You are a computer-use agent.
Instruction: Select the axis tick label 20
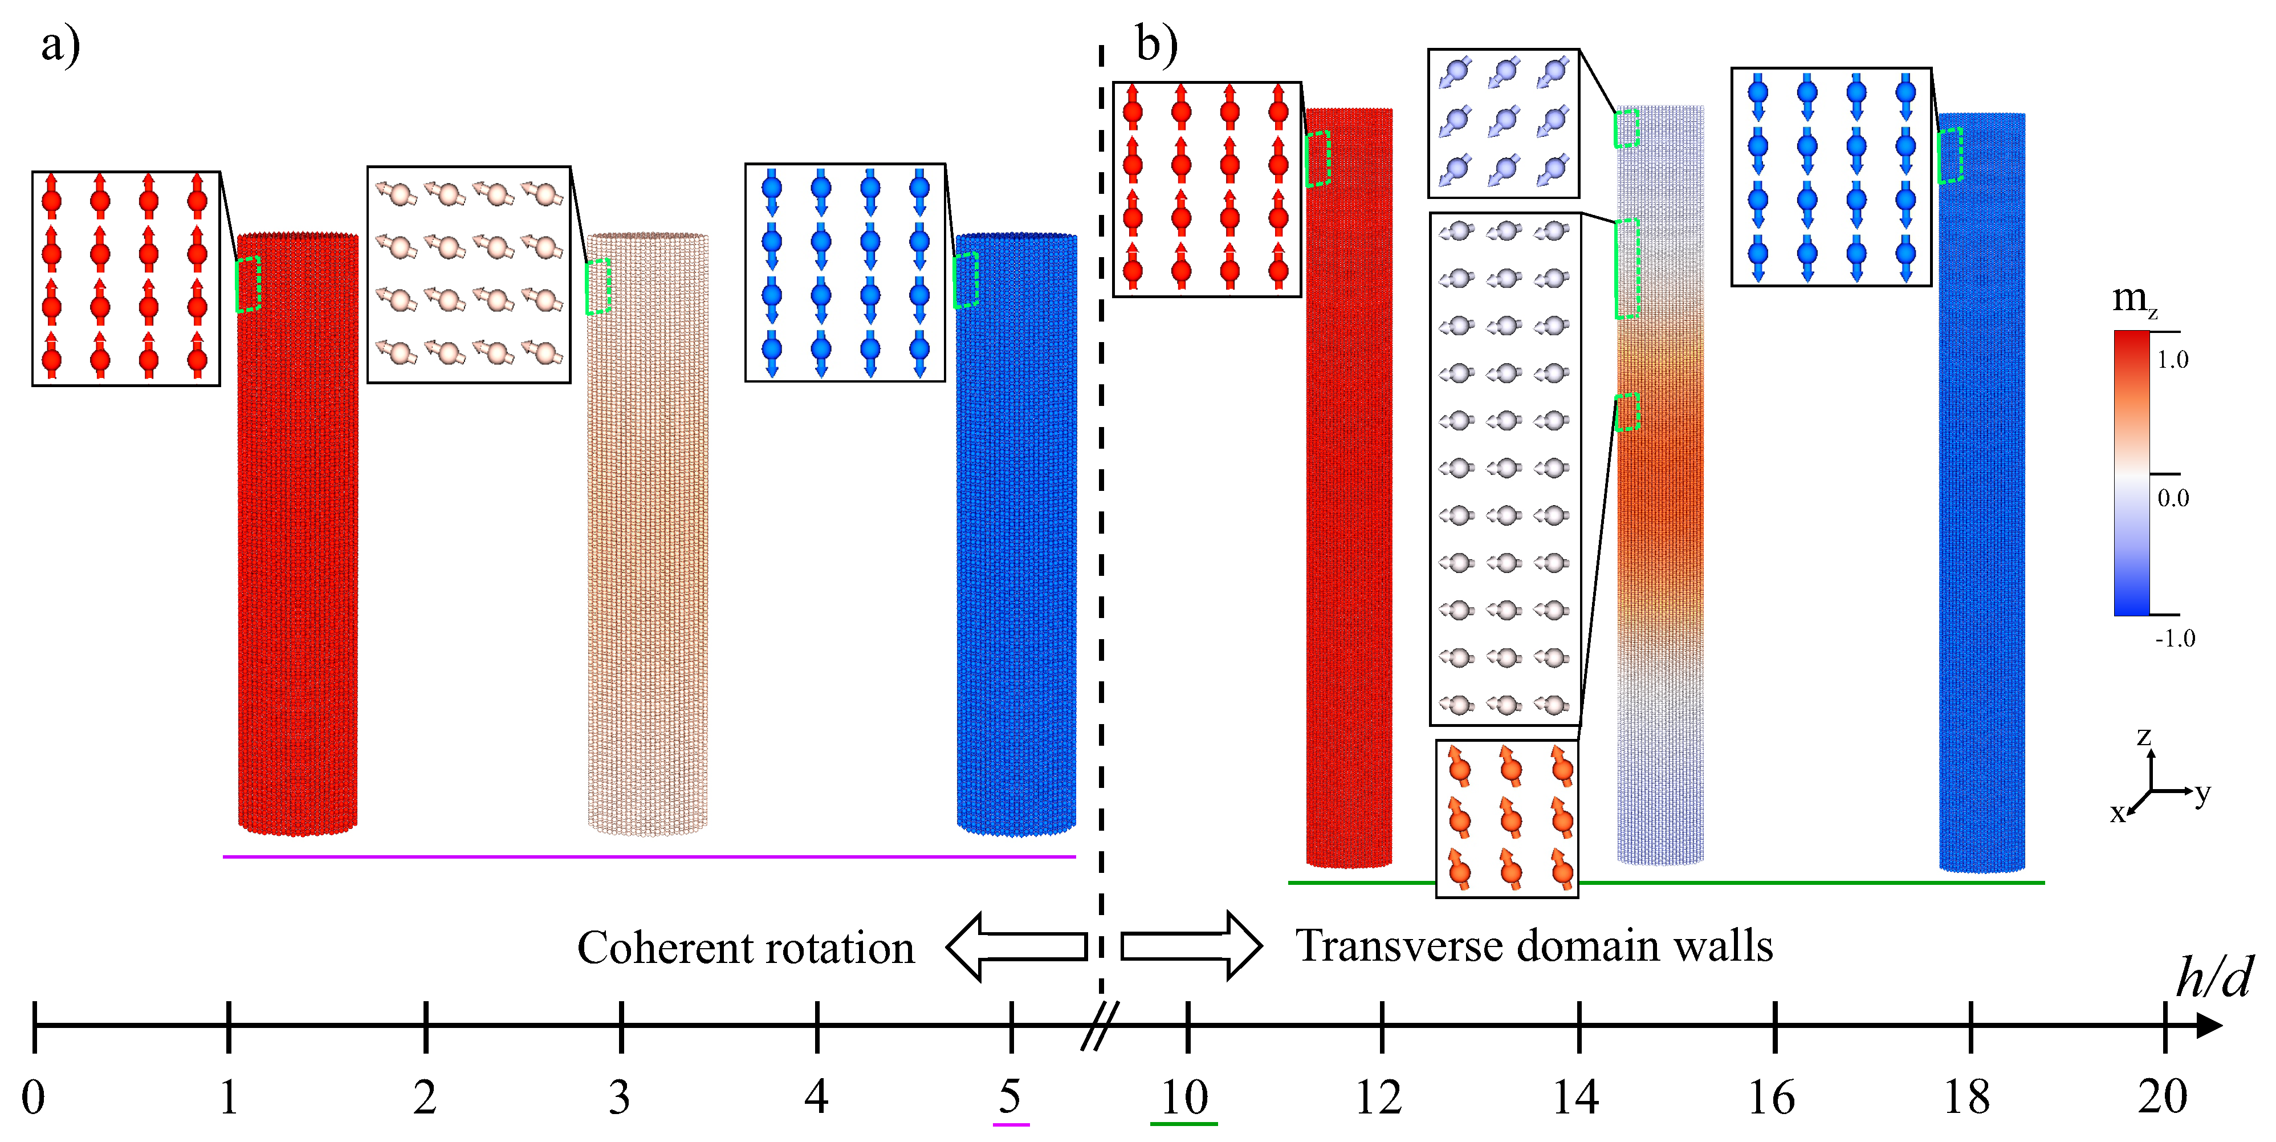pyautogui.click(x=2162, y=1098)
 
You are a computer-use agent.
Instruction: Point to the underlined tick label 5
pyautogui.click(x=1010, y=1098)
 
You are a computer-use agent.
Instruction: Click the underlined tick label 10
pyautogui.click(x=1184, y=1098)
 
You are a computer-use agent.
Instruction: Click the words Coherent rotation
pyautogui.click(x=745, y=948)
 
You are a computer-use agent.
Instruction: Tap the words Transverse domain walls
pyautogui.click(x=1534, y=946)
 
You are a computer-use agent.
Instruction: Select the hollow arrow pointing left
pyautogui.click(x=1016, y=946)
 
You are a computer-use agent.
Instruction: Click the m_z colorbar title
pyautogui.click(x=2134, y=300)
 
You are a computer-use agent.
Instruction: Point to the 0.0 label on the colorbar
pyautogui.click(x=2173, y=498)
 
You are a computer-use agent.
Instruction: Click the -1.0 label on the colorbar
pyautogui.click(x=2175, y=638)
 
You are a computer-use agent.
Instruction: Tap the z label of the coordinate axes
pyautogui.click(x=2143, y=736)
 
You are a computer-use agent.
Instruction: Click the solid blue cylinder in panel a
pyautogui.click(x=1016, y=535)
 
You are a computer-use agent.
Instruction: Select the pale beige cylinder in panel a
pyautogui.click(x=648, y=535)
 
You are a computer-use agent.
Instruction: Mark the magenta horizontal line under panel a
pyautogui.click(x=649, y=856)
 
